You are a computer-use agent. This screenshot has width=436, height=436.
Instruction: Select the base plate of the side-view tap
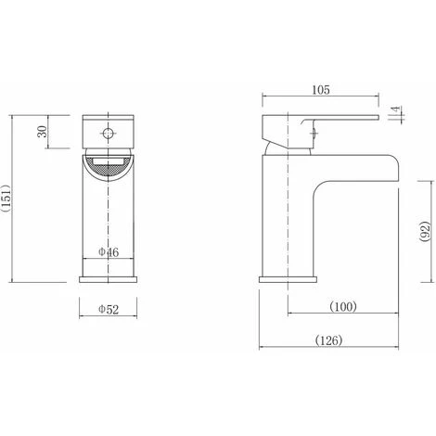click(289, 276)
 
